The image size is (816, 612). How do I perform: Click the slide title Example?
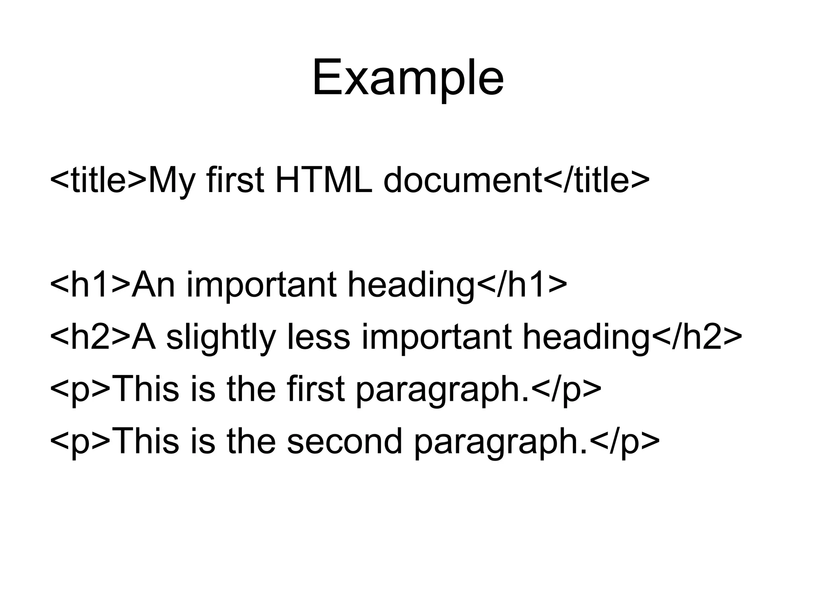point(408,78)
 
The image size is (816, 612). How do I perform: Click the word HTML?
point(324,180)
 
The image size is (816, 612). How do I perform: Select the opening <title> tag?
point(98,180)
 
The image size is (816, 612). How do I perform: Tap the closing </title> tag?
point(596,180)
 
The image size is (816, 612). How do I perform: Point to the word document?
point(463,180)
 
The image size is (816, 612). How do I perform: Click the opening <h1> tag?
point(90,284)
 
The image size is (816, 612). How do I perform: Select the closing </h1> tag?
point(522,284)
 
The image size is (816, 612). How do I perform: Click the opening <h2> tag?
point(90,337)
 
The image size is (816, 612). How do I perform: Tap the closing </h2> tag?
point(697,337)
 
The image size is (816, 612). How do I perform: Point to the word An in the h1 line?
point(153,284)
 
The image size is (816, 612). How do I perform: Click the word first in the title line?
point(235,180)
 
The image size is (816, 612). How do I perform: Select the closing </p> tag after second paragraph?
point(624,442)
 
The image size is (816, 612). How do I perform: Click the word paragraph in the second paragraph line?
point(500,442)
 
